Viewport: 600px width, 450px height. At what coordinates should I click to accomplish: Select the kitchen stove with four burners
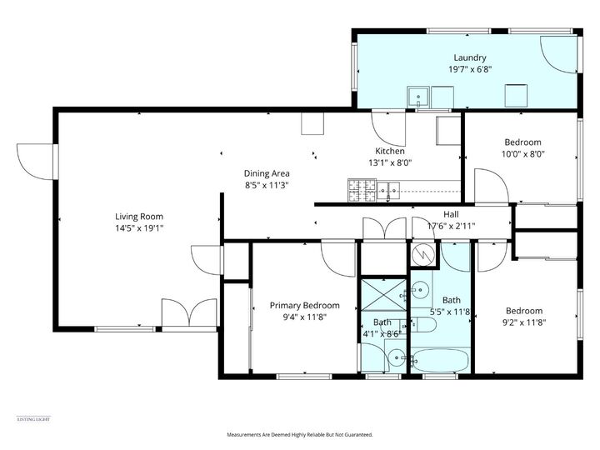[x=358, y=192]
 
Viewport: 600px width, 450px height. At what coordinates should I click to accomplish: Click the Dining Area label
[x=267, y=173]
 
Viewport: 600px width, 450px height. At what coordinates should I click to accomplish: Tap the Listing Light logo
[x=33, y=418]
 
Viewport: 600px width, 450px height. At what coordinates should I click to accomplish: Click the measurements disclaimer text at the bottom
[x=299, y=435]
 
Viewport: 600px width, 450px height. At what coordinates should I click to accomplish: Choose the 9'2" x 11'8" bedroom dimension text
[x=523, y=322]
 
